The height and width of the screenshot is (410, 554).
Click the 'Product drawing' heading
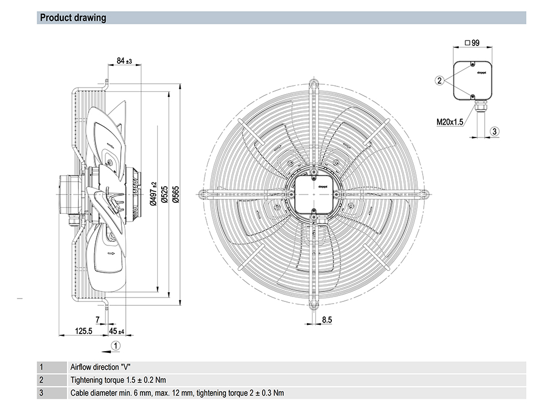click(x=73, y=18)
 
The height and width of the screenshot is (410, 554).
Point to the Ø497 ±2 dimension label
click(x=153, y=194)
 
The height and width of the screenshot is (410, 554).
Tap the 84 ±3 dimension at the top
click(x=124, y=60)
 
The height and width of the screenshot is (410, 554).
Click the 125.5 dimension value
click(x=83, y=331)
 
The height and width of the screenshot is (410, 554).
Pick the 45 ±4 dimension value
click(x=116, y=331)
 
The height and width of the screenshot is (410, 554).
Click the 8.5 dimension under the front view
click(x=326, y=319)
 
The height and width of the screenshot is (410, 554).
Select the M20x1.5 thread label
click(x=450, y=122)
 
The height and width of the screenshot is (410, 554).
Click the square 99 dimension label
click(x=472, y=43)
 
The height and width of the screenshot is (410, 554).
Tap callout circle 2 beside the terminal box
click(x=439, y=80)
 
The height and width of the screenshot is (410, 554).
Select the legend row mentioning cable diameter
click(x=177, y=393)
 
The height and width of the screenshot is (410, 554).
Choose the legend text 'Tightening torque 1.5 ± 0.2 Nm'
click(x=118, y=380)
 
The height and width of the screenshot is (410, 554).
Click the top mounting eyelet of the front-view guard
click(x=314, y=84)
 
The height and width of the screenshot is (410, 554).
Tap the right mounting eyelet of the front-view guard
click(x=424, y=194)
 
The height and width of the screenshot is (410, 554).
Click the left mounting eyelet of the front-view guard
click(x=203, y=194)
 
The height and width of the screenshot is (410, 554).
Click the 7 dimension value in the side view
click(x=98, y=319)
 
